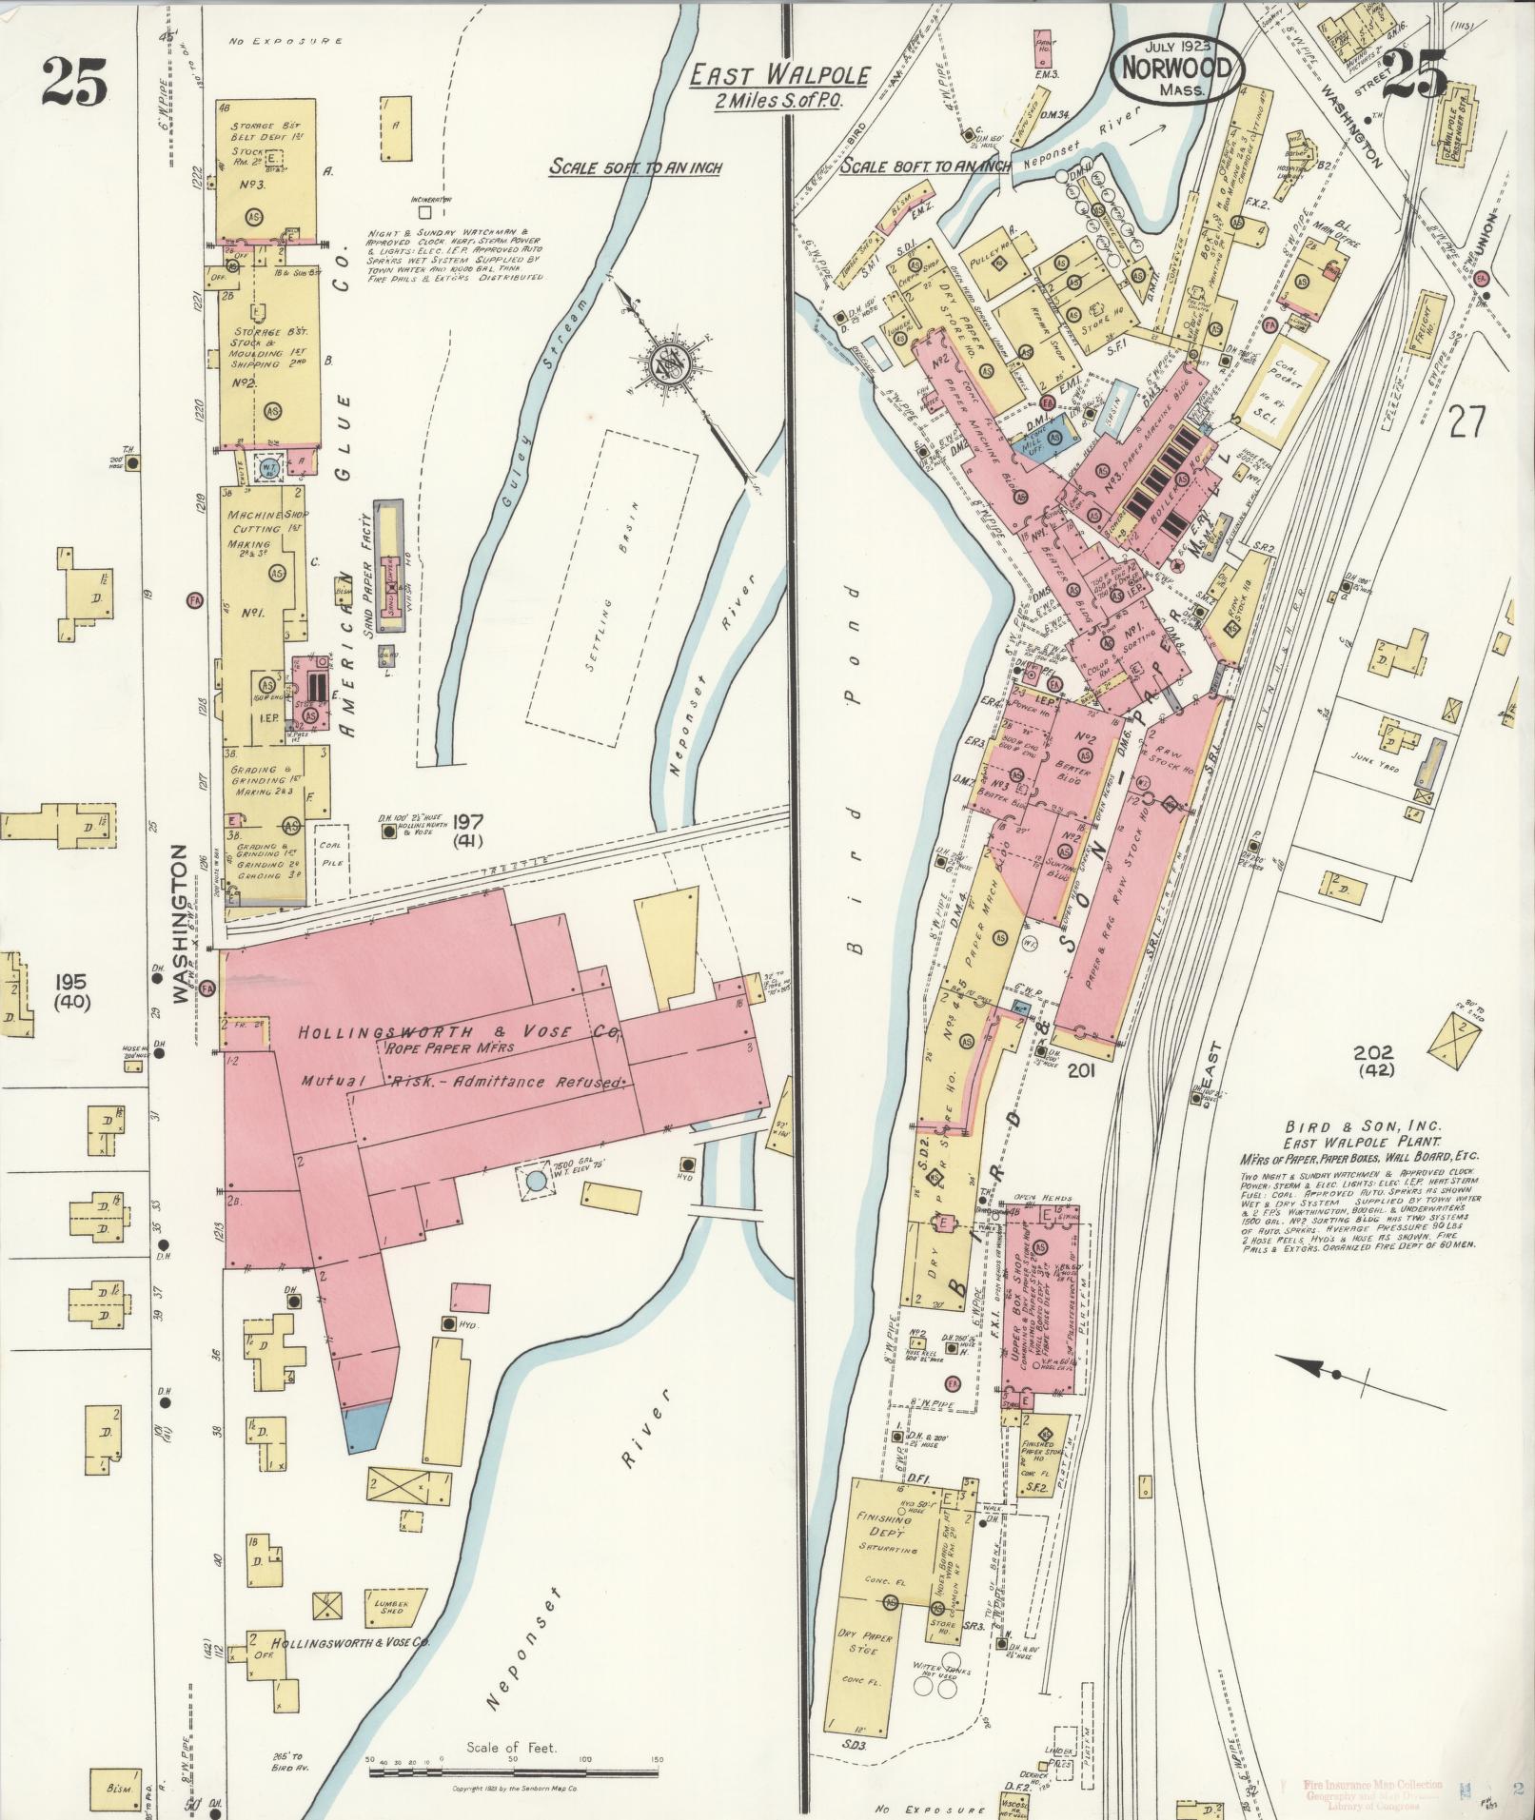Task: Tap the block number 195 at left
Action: (70, 981)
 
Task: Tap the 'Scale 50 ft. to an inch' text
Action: (636, 167)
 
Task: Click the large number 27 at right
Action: (1466, 421)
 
